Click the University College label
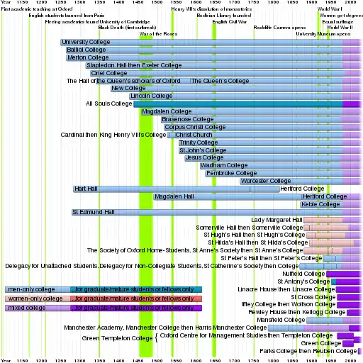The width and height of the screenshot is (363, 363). point(87,43)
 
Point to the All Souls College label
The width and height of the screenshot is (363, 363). point(108,104)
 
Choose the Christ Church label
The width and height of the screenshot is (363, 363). point(194,135)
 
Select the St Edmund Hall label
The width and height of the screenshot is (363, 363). point(93,211)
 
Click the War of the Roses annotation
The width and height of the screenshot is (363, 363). point(158,33)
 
